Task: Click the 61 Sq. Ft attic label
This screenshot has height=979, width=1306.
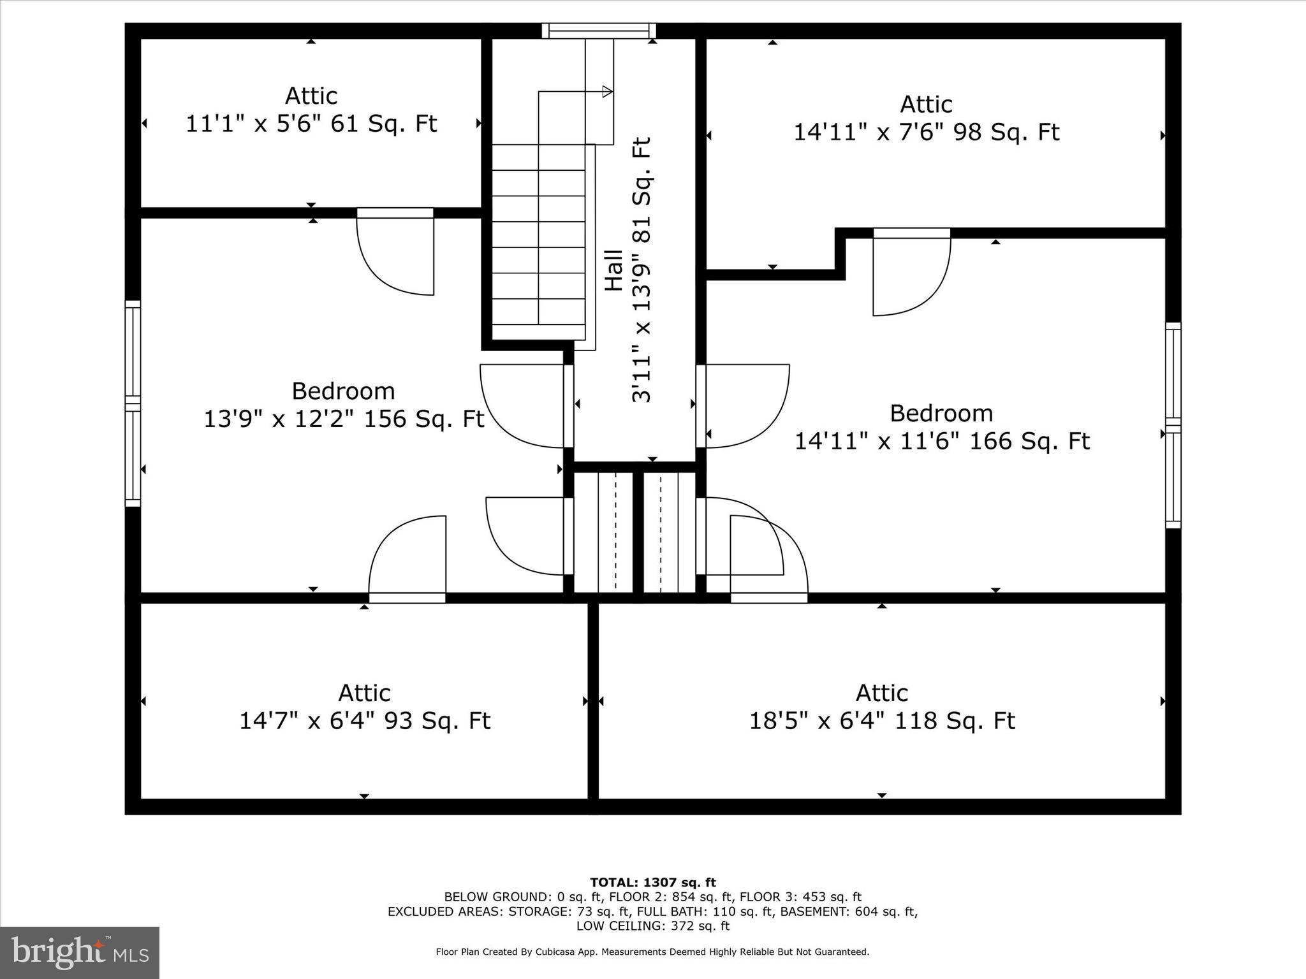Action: (311, 110)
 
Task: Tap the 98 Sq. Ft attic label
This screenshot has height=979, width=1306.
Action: (926, 119)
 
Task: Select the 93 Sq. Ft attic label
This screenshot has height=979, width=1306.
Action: (364, 707)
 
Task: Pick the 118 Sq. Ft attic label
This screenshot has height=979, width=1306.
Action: (881, 707)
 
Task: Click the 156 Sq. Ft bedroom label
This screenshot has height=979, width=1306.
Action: (343, 405)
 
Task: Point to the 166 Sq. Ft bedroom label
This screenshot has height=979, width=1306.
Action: (941, 427)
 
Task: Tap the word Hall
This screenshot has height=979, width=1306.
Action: (613, 270)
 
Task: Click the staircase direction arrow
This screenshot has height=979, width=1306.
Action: (606, 92)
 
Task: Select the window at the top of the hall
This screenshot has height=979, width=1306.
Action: (599, 31)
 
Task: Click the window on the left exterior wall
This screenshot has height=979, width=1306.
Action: (132, 403)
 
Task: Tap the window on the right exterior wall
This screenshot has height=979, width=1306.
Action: (1173, 425)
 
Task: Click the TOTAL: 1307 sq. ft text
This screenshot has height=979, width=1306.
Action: (652, 883)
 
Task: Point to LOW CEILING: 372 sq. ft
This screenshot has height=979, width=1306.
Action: (652, 926)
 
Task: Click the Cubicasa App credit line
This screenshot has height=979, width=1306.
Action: (652, 952)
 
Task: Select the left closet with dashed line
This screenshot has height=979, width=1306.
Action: (603, 532)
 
